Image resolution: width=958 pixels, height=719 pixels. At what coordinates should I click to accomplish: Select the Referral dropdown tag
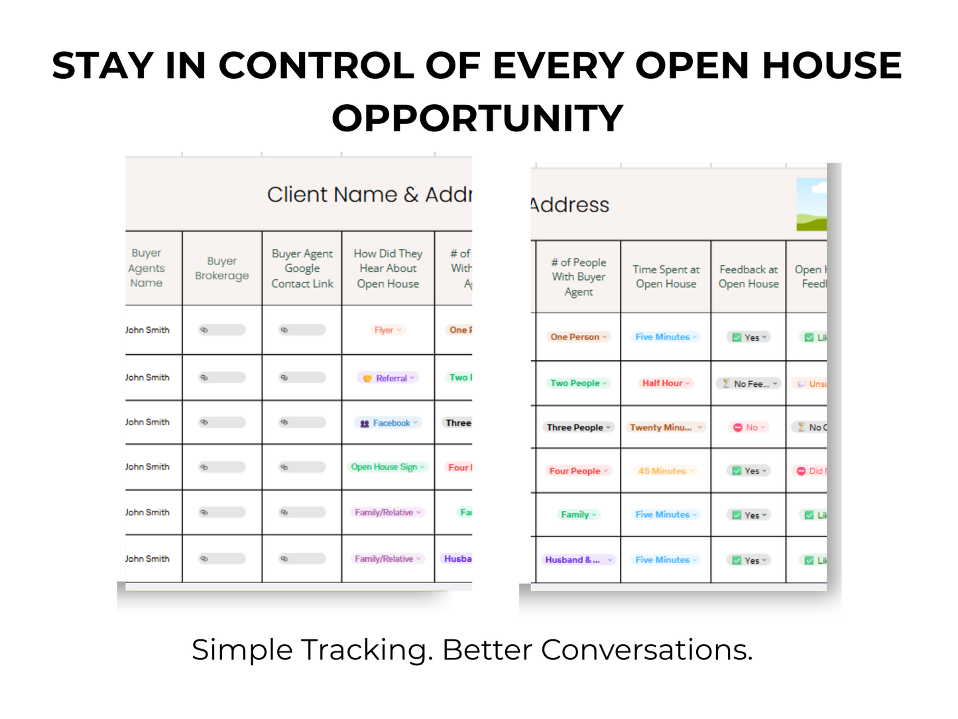tap(390, 378)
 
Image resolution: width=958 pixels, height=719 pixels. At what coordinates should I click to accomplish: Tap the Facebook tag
tap(389, 423)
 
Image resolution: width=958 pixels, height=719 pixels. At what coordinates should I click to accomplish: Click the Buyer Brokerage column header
tap(222, 269)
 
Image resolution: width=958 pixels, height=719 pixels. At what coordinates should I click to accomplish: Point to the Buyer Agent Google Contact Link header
tap(302, 269)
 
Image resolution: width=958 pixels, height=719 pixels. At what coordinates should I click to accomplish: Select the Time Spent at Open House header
tap(666, 277)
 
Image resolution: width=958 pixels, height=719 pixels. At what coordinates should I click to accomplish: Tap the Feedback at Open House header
tap(748, 277)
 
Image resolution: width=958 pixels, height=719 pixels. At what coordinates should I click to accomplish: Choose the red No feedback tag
tap(749, 428)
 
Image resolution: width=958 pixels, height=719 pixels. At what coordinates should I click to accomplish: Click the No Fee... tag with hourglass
tap(749, 384)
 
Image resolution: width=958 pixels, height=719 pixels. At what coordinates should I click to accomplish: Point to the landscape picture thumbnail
tap(812, 205)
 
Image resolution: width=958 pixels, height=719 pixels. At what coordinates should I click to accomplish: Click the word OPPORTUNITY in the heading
tap(477, 119)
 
